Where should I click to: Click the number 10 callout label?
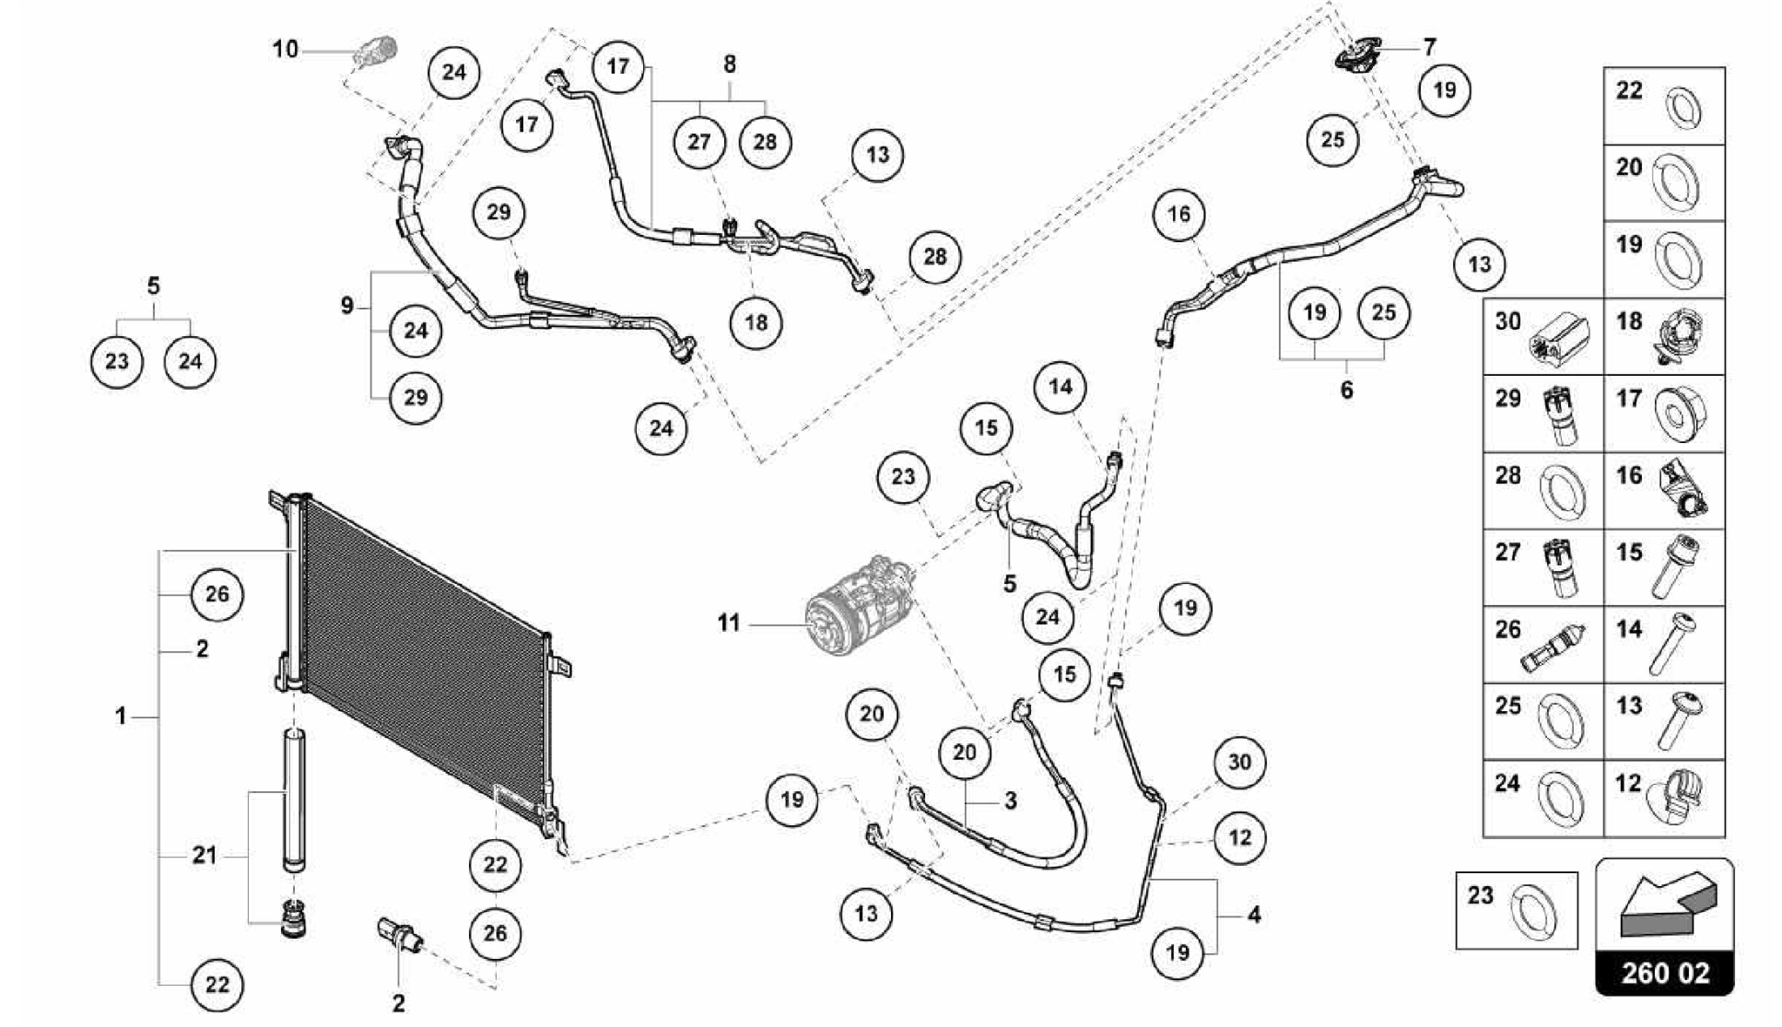[x=285, y=50]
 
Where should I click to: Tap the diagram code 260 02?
[x=1665, y=973]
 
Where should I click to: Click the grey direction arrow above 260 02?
[x=1664, y=905]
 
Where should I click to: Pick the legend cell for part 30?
[x=1543, y=337]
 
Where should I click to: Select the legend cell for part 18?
[x=1664, y=337]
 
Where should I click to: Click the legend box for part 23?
[x=1516, y=910]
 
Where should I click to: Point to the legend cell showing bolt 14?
[x=1664, y=645]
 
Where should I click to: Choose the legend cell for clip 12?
[x=1664, y=798]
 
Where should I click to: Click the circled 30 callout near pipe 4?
[x=1239, y=762]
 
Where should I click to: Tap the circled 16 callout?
[x=1179, y=214]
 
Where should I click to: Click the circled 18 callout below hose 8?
[x=756, y=323]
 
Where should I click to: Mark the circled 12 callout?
[x=1239, y=838]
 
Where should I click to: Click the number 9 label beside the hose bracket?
[x=347, y=306]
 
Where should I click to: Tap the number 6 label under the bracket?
[x=1346, y=390]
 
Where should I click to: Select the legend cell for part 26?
[x=1543, y=645]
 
